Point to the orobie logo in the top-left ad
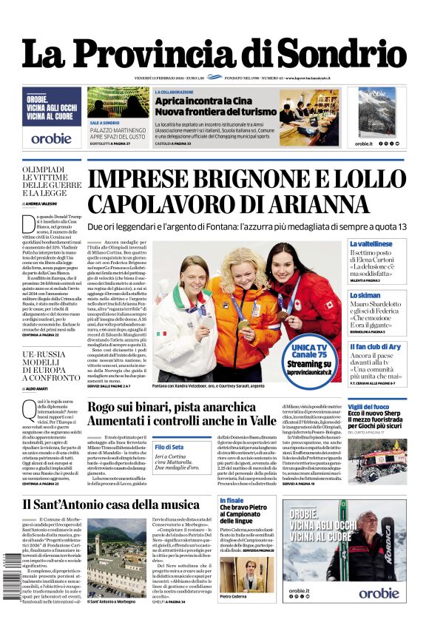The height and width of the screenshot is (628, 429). point(51,138)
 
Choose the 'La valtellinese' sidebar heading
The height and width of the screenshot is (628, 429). point(371,243)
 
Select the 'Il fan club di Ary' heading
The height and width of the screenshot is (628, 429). point(375,346)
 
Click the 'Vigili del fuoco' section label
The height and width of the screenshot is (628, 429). point(368,407)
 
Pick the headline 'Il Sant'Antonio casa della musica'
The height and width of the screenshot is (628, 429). point(110,504)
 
